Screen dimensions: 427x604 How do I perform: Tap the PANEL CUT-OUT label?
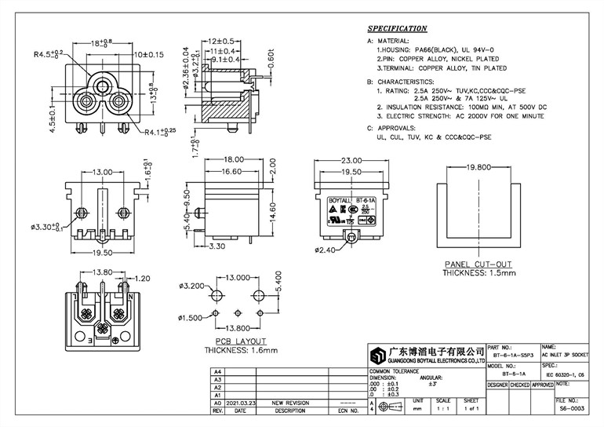coord(478,265)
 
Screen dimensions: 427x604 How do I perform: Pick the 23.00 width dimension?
coord(349,159)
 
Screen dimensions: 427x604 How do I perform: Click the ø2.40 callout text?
coord(326,250)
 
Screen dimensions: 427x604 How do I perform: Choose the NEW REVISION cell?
coord(289,401)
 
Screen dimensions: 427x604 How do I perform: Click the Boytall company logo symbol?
coord(377,353)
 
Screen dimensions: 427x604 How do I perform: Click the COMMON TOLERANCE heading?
coord(394,370)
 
